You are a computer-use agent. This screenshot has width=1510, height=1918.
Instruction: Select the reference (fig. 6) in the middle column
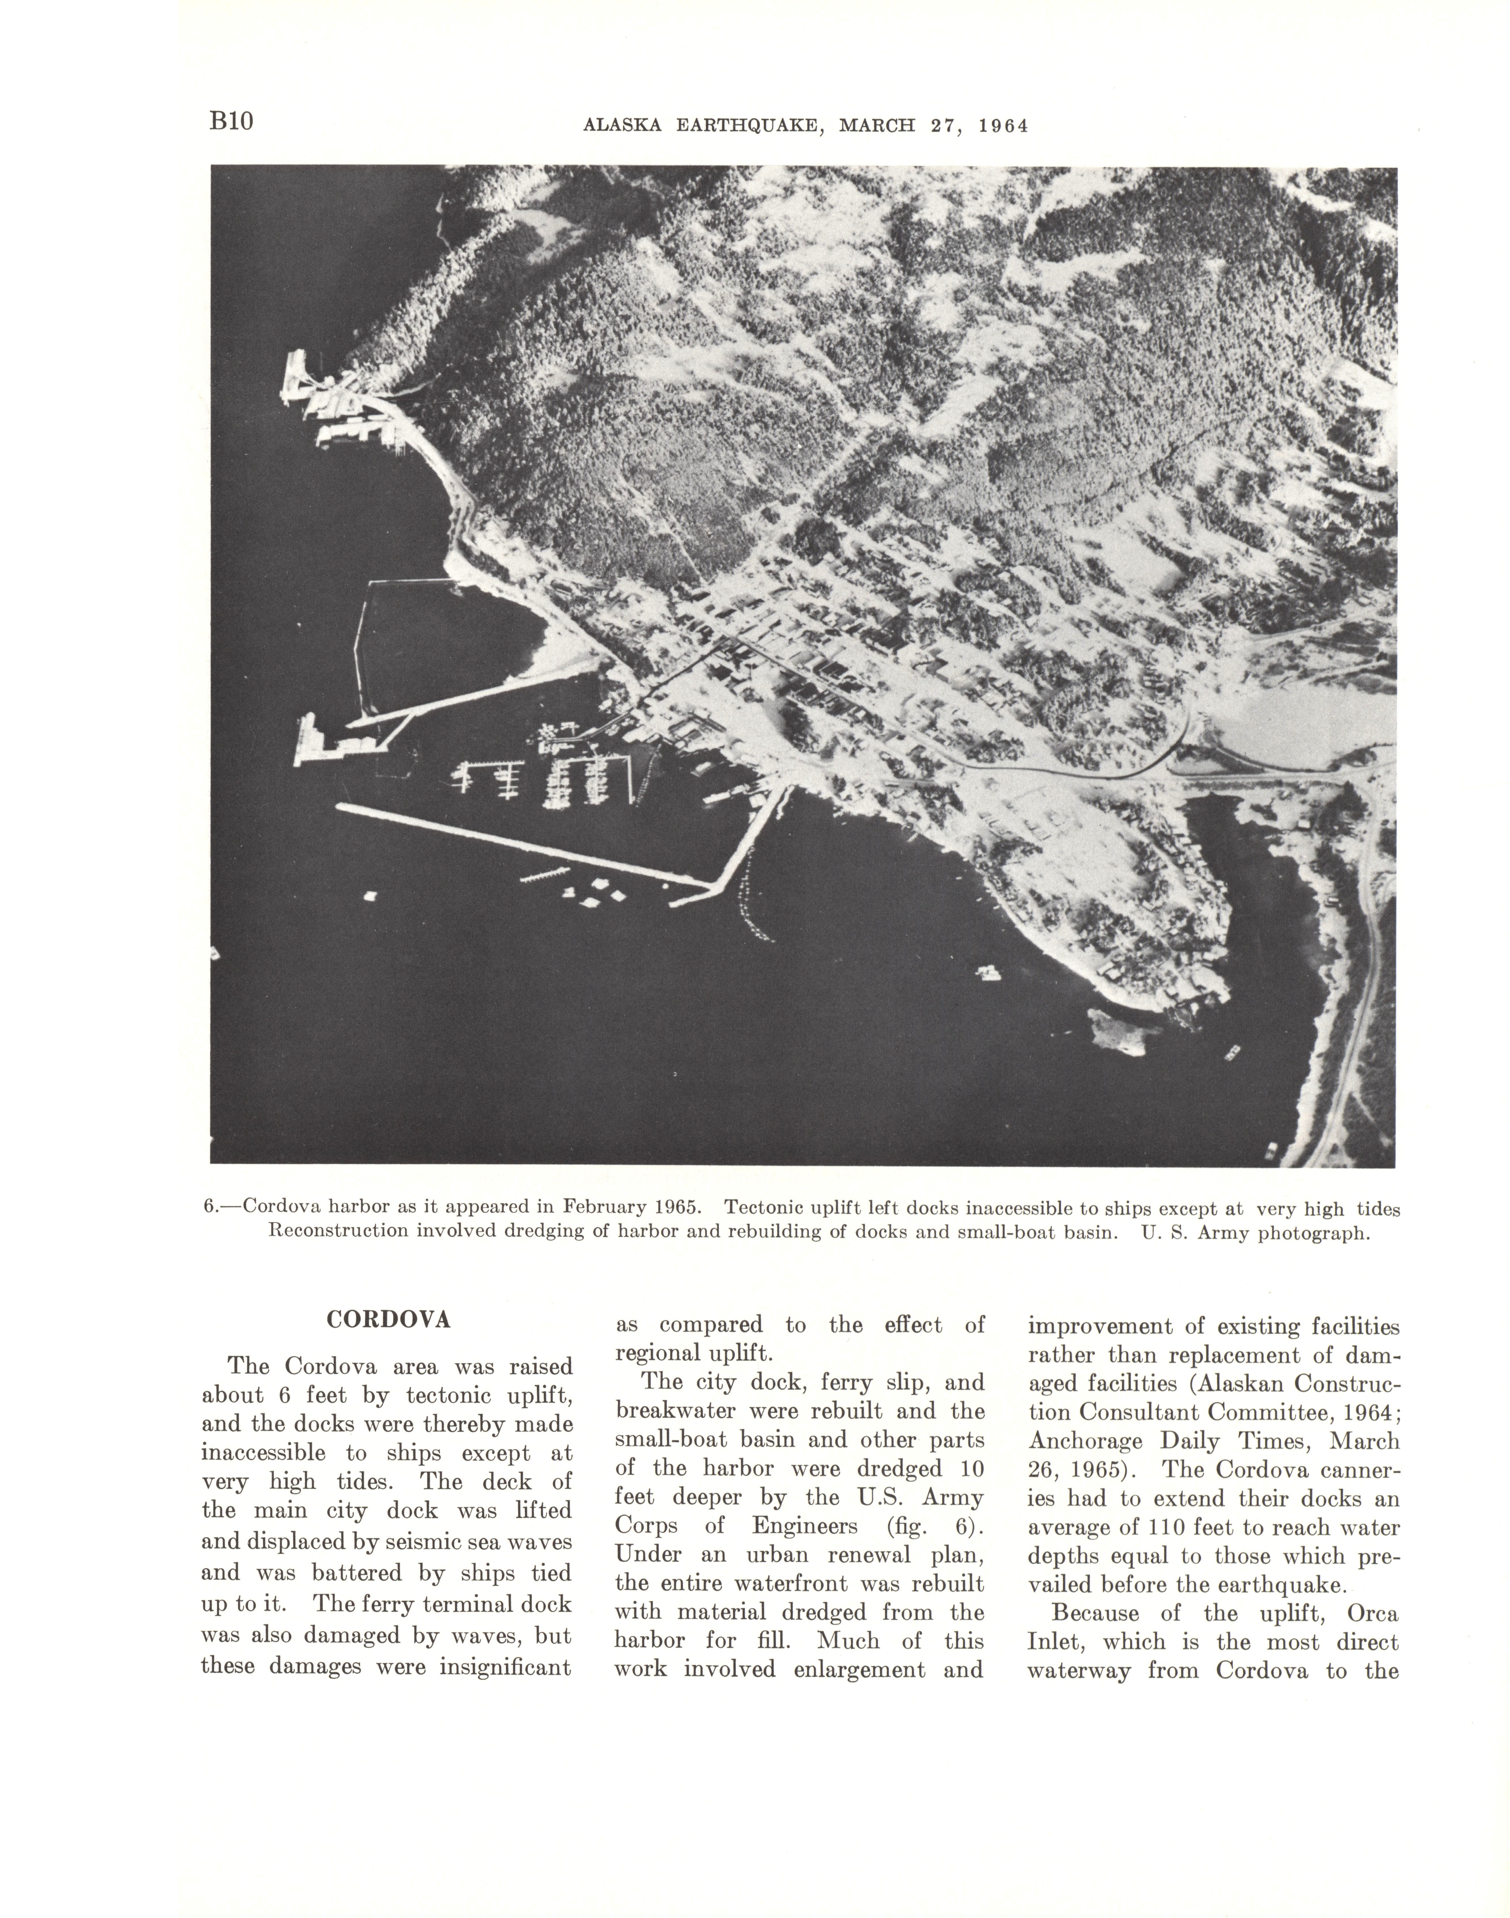[x=934, y=1526]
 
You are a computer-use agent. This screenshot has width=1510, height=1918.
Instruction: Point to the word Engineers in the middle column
[x=804, y=1526]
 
